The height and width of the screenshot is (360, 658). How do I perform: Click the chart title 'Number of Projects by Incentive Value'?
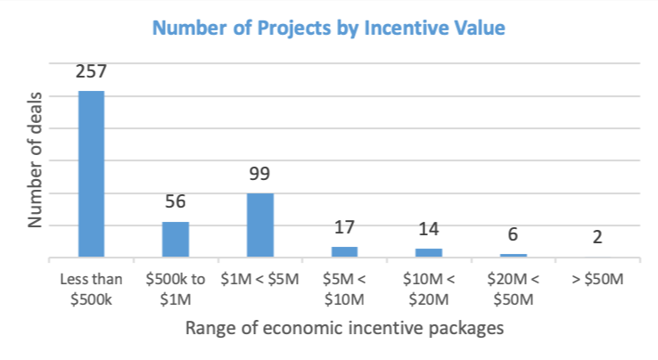(x=329, y=29)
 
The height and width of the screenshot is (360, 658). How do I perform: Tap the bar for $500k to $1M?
(x=176, y=239)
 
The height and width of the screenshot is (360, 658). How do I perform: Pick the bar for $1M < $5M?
(x=259, y=225)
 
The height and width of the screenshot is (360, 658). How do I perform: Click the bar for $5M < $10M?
(x=344, y=251)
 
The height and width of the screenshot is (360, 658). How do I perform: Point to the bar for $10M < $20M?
(x=429, y=252)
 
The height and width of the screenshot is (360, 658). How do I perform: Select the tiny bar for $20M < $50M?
(x=513, y=255)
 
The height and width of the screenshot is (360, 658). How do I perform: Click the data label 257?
(x=91, y=72)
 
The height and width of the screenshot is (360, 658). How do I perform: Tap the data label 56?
(x=176, y=202)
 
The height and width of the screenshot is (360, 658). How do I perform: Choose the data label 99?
(x=259, y=175)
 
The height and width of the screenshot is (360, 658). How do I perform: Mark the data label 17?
(x=344, y=228)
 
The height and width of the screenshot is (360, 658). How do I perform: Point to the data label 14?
(x=429, y=230)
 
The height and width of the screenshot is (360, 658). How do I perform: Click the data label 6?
(x=513, y=235)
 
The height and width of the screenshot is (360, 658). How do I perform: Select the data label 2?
(x=597, y=238)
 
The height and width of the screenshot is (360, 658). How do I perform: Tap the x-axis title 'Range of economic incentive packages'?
(x=344, y=328)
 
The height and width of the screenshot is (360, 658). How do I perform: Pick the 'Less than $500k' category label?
(x=91, y=287)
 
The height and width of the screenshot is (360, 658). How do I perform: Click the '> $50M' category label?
(x=597, y=279)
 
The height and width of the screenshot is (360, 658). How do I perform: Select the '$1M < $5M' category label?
(x=259, y=279)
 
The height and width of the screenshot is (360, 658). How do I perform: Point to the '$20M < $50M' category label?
(x=513, y=287)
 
